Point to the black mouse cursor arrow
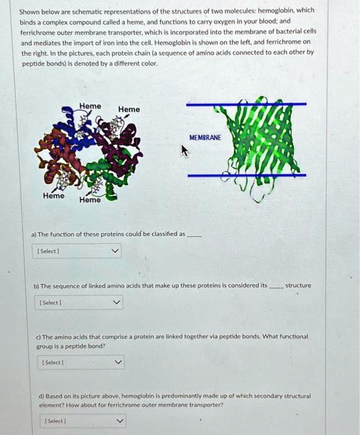coord(184,151)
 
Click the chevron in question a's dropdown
coord(113,252)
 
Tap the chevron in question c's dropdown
coord(118,362)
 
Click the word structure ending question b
coord(298,285)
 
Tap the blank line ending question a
coord(194,236)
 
